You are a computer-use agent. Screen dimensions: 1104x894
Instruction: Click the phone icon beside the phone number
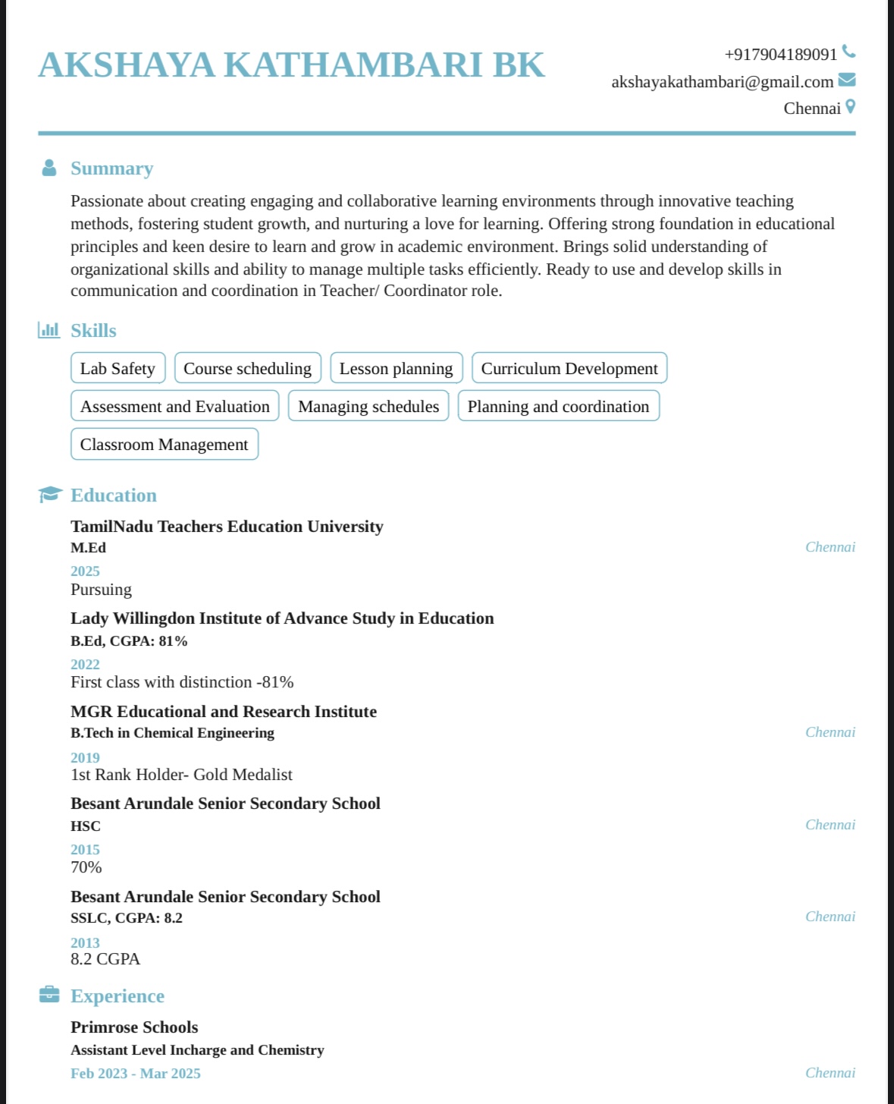pos(849,52)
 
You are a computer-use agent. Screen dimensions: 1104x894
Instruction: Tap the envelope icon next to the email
pos(847,80)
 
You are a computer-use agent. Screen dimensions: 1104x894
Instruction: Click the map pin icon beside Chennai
pos(850,107)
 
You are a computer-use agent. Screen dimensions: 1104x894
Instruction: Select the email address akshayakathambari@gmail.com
pos(722,82)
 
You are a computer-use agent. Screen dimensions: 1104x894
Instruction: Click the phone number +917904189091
pos(780,55)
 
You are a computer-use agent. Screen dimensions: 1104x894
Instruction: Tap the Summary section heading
pos(111,168)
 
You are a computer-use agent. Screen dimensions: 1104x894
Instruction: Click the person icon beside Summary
pos(49,168)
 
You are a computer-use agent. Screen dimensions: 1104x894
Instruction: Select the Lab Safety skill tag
pos(118,368)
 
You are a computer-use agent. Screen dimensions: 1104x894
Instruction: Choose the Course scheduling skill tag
pos(247,368)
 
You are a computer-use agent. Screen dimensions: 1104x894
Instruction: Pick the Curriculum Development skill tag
pos(569,368)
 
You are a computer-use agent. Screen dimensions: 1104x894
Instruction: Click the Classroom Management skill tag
pos(164,444)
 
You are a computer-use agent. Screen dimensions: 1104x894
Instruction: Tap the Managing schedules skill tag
pos(368,406)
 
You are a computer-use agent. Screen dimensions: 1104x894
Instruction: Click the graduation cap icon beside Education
pos(50,495)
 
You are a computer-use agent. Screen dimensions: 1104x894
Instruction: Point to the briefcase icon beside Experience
pos(49,994)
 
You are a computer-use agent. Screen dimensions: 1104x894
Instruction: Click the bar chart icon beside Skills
pos(49,330)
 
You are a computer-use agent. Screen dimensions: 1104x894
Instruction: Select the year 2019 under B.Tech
pos(85,757)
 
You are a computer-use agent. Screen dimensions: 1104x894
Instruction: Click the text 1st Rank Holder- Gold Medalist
pos(181,775)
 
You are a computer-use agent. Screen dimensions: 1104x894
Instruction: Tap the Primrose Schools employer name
pos(134,1027)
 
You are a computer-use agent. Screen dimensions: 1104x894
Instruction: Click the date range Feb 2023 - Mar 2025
pos(136,1074)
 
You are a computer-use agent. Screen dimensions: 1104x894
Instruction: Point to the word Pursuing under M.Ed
pos(101,590)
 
